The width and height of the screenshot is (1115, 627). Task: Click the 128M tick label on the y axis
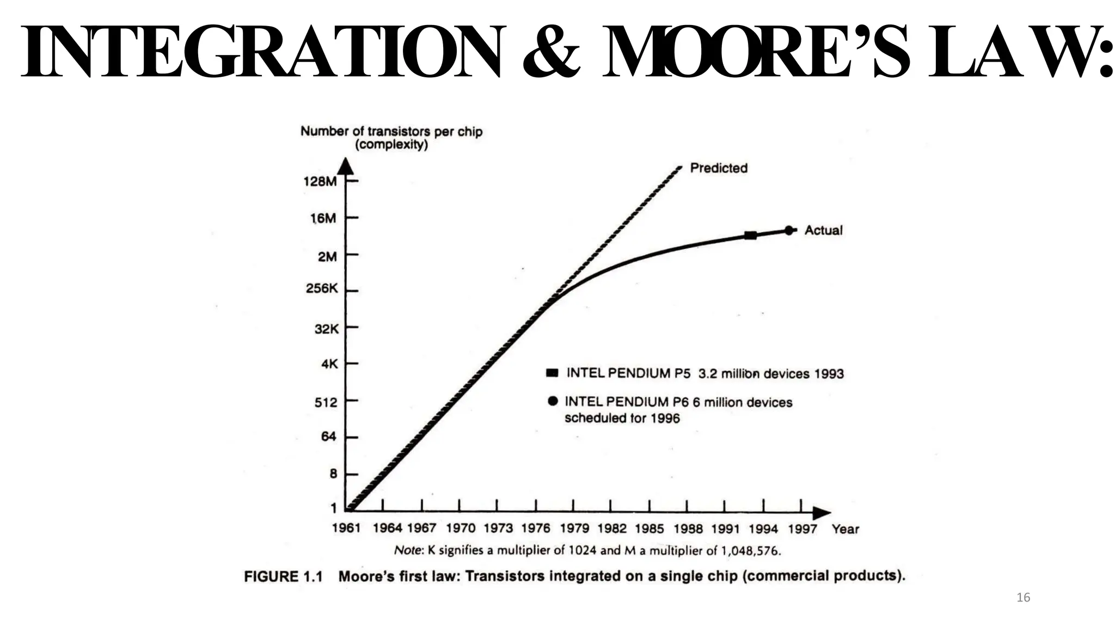pos(320,181)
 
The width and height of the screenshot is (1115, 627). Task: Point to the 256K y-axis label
pos(322,288)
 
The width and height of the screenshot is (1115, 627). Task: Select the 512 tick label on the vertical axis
pos(326,402)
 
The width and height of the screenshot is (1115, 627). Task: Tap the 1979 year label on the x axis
pos(574,528)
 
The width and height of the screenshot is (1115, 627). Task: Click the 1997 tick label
pos(802,528)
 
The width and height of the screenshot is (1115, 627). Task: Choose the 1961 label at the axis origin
pos(346,528)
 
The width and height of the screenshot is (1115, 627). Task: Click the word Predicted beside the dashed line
pos(719,168)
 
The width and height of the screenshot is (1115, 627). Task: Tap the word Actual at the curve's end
pos(823,230)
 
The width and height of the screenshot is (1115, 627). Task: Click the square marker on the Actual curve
pos(750,235)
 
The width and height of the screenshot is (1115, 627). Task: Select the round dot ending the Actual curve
pos(788,230)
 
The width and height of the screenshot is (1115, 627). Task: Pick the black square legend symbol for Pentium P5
pos(552,373)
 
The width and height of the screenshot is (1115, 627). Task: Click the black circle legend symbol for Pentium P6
pos(553,401)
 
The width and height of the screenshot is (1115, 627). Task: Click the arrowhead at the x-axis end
pos(822,513)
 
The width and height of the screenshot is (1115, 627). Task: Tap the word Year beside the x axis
pos(845,528)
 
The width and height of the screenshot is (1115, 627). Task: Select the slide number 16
pos(1023,598)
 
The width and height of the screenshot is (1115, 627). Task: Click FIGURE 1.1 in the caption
pos(283,576)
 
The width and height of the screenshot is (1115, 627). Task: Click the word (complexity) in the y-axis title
pos(391,145)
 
